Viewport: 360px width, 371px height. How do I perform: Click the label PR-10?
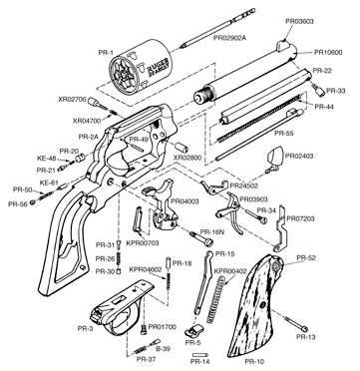pos(255,361)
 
